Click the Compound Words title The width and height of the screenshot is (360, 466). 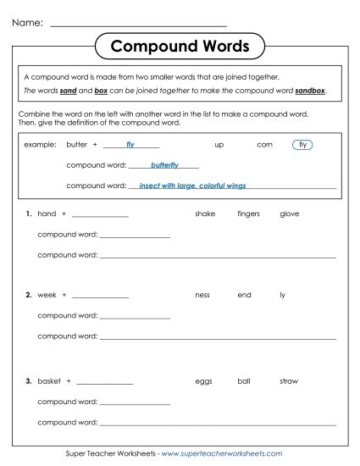click(x=180, y=45)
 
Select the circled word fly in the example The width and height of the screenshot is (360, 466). click(x=302, y=145)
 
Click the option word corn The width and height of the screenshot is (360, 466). click(x=264, y=145)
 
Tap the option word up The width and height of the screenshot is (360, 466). click(x=219, y=145)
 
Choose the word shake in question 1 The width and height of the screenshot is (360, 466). click(x=205, y=214)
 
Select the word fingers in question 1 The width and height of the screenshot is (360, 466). click(x=248, y=214)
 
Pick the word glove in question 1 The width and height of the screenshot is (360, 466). click(x=289, y=214)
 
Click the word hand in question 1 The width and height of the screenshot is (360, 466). click(x=47, y=214)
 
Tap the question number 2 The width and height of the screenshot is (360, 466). click(x=29, y=295)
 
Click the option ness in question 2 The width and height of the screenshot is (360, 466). click(x=202, y=295)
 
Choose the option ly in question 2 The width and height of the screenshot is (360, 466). click(x=282, y=295)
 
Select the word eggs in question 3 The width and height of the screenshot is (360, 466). click(x=203, y=381)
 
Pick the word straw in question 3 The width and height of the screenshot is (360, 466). click(x=288, y=381)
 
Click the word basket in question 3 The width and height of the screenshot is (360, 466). click(x=49, y=381)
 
